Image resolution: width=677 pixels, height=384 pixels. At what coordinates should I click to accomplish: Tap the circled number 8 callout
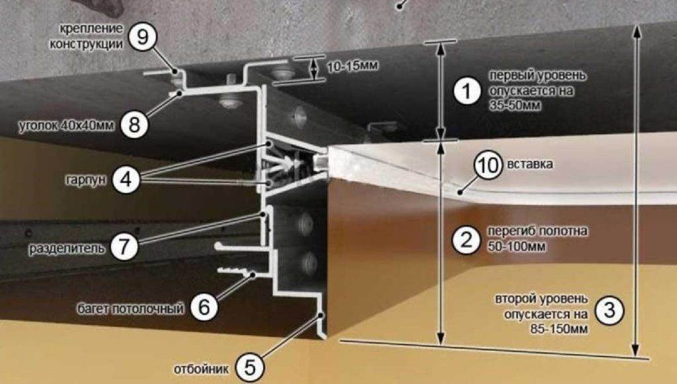(134, 125)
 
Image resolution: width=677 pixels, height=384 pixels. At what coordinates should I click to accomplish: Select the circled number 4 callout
(126, 179)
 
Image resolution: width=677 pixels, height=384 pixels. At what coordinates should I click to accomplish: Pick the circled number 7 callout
(124, 247)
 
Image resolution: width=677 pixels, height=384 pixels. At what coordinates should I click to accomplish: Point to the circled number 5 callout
(249, 368)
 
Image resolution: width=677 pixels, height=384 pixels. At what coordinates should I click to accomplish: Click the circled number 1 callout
(466, 91)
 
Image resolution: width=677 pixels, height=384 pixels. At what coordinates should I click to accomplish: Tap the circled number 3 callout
(609, 310)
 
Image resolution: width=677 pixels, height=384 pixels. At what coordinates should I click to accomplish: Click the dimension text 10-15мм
(352, 67)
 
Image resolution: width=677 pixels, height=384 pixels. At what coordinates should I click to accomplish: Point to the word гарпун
(86, 180)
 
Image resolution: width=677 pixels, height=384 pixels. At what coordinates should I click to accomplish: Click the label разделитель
(67, 249)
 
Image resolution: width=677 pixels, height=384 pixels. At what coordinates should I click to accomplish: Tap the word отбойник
(201, 369)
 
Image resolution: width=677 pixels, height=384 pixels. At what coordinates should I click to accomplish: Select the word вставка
(530, 165)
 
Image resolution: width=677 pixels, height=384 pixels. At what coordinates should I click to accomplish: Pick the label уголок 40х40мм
(67, 126)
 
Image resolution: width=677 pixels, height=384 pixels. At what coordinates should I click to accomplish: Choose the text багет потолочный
(130, 309)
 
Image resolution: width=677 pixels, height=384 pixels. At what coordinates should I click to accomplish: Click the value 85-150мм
(559, 328)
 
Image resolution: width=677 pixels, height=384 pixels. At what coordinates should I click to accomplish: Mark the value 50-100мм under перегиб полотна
(517, 247)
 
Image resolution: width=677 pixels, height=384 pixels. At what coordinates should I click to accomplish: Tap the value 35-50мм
(514, 106)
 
